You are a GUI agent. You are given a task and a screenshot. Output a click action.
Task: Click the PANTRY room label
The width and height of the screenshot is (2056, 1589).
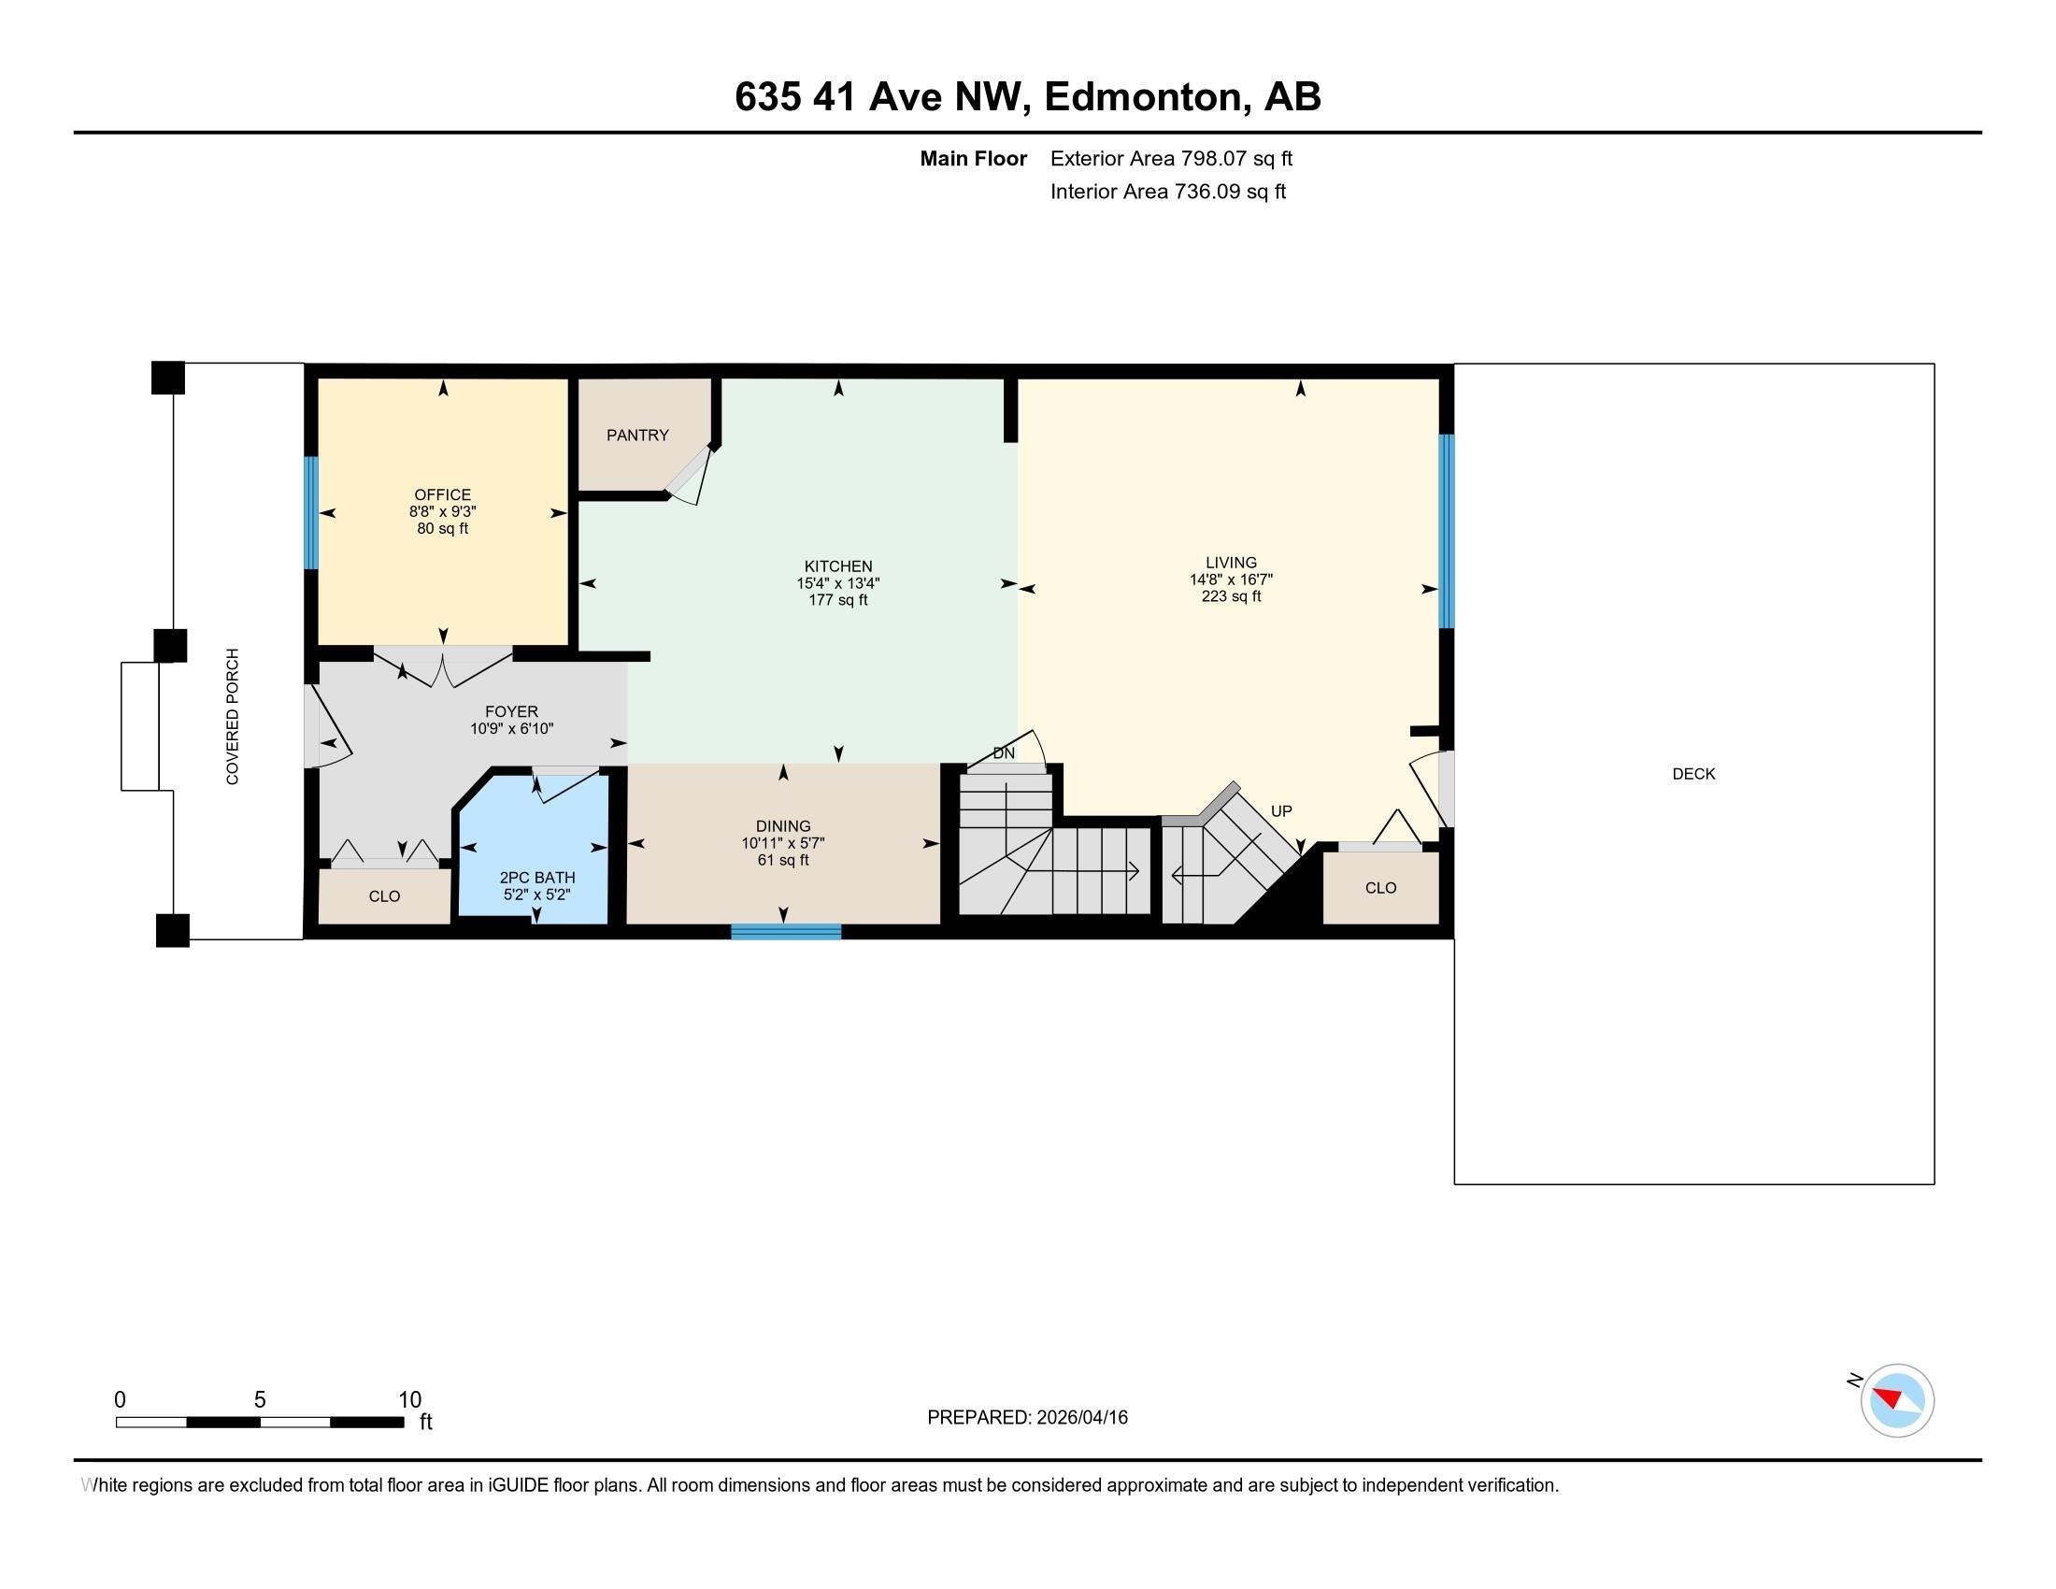(x=637, y=435)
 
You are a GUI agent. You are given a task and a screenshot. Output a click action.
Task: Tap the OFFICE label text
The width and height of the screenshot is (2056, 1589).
(x=442, y=494)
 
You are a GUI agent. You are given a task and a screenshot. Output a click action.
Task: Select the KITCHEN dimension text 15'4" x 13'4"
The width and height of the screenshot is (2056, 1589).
(x=838, y=583)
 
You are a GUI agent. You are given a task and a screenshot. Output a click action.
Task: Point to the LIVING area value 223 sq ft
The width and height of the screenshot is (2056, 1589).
(x=1231, y=597)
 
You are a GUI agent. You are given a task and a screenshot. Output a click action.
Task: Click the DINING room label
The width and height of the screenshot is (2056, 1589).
(x=783, y=826)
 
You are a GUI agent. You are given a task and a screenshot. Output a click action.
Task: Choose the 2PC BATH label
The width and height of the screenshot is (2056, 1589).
(x=536, y=878)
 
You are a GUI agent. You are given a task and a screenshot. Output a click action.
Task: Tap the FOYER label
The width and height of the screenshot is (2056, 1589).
(x=511, y=711)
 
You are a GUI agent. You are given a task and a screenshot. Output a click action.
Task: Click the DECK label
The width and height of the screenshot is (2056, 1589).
(x=1693, y=774)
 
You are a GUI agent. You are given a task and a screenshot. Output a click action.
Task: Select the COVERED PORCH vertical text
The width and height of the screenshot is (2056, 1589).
(x=233, y=716)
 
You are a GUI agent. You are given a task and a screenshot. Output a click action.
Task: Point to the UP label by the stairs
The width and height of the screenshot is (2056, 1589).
(x=1281, y=810)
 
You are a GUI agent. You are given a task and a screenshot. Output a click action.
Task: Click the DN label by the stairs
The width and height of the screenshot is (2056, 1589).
(x=1005, y=753)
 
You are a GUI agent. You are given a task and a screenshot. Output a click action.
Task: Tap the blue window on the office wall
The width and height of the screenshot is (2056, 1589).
(x=309, y=513)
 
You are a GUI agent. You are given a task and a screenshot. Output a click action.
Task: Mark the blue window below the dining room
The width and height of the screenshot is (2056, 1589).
(x=786, y=932)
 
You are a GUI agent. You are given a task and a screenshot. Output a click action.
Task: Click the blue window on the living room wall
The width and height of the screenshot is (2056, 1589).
(x=1446, y=531)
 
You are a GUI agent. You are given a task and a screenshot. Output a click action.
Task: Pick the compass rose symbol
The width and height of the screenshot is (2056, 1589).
(x=1897, y=1400)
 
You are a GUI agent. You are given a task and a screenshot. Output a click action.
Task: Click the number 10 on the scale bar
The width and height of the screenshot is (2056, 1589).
(x=409, y=1400)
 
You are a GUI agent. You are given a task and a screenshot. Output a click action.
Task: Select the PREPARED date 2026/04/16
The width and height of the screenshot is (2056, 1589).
(x=1080, y=1418)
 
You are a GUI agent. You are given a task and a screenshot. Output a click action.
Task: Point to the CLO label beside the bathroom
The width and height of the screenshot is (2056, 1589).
(x=384, y=896)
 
